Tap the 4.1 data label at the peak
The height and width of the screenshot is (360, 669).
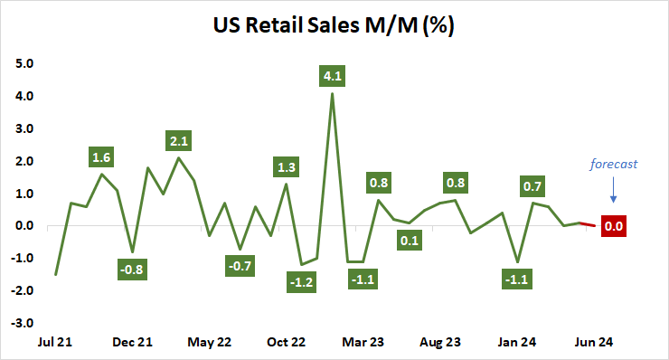333,76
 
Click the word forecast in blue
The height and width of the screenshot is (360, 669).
614,165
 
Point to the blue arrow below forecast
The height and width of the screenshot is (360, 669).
614,191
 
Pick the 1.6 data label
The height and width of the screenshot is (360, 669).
102,156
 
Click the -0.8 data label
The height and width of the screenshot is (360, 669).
133,268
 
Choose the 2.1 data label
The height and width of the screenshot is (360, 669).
179,141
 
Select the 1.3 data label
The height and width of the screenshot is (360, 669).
287,166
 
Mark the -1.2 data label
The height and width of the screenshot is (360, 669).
302,283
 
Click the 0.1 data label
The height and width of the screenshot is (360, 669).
410,241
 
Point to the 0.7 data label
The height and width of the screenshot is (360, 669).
532,186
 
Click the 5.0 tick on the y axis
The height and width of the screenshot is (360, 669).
24,64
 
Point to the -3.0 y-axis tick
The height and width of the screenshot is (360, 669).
23,323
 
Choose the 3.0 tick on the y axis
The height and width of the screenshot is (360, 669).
24,128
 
